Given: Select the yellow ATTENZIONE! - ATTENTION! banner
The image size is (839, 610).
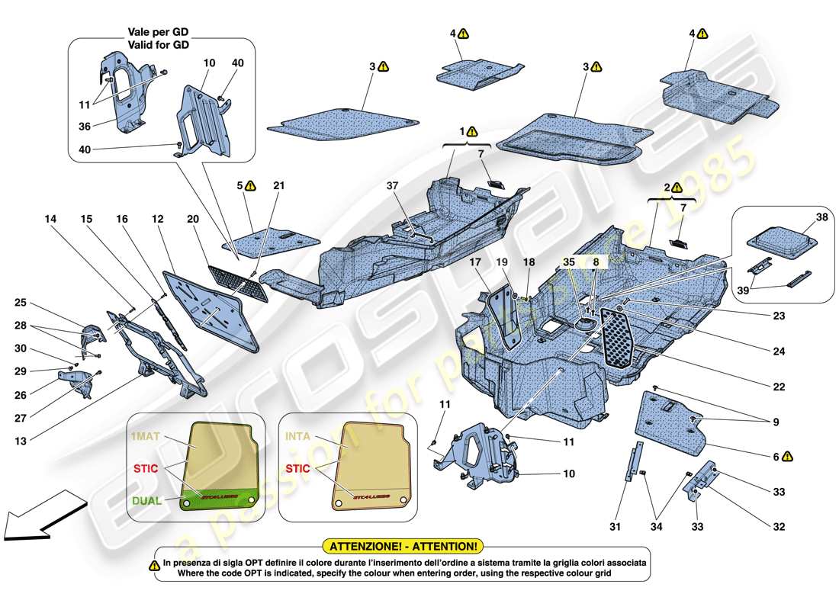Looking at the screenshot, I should (403, 546).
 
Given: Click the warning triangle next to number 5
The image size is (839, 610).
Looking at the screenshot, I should (252, 185).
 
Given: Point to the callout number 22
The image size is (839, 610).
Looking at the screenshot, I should (778, 387).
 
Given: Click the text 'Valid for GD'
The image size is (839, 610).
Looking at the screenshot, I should (158, 45).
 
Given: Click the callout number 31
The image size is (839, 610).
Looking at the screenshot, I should (616, 525).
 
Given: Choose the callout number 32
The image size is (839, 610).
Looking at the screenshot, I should (778, 525).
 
